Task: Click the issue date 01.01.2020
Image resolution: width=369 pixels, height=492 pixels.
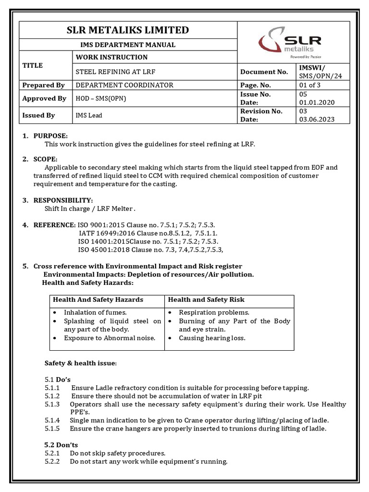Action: pyautogui.click(x=316, y=102)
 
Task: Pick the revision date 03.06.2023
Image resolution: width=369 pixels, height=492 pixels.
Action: pyautogui.click(x=316, y=119)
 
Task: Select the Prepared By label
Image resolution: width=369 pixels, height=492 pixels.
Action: pyautogui.click(x=43, y=85)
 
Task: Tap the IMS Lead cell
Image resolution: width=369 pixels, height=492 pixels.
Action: pyautogui.click(x=89, y=115)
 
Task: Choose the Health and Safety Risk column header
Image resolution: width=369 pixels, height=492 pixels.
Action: pyautogui.click(x=206, y=299)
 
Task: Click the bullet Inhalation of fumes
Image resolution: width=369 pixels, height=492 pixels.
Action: pyautogui.click(x=95, y=312)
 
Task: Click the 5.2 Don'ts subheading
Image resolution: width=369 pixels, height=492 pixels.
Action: pyautogui.click(x=61, y=444)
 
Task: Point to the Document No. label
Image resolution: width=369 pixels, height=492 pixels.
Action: pyautogui.click(x=264, y=72)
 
